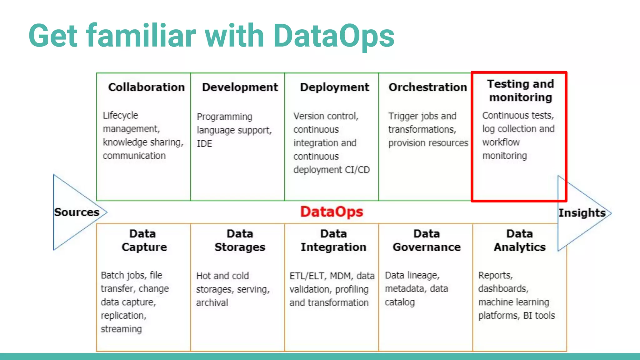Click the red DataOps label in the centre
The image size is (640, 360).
click(x=332, y=212)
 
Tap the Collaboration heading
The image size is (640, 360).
click(x=146, y=87)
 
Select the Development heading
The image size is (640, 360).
click(x=240, y=87)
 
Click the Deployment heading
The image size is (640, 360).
click(x=334, y=87)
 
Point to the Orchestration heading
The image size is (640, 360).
click(x=427, y=87)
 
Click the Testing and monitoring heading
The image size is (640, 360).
click(x=520, y=91)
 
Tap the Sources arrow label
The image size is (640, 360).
click(x=77, y=212)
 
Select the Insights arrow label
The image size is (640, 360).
click(x=582, y=213)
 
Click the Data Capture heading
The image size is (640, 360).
click(x=144, y=240)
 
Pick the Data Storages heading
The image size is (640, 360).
click(x=240, y=240)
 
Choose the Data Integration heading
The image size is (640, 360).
click(x=333, y=240)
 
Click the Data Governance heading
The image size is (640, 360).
click(x=427, y=240)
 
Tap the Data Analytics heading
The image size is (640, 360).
click(x=520, y=240)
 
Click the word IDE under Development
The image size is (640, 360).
click(x=204, y=144)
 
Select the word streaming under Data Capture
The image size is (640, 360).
click(x=121, y=329)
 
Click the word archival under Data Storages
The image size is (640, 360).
click(x=212, y=303)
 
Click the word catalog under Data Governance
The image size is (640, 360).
click(x=400, y=302)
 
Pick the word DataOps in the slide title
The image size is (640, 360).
click(x=333, y=36)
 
